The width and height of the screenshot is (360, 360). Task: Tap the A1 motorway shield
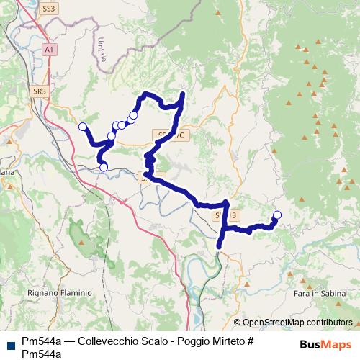pyautogui.click(x=48, y=50)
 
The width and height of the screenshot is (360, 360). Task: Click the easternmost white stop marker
pyautogui.click(x=277, y=215)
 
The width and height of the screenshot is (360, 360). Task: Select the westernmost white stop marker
pyautogui.click(x=82, y=127)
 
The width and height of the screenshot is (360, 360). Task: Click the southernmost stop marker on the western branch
pyautogui.click(x=104, y=167)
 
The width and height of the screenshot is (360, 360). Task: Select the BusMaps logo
pyautogui.click(x=328, y=343)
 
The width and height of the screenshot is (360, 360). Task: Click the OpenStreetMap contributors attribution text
pyautogui.click(x=297, y=323)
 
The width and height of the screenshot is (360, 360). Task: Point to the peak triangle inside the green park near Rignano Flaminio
pyautogui.click(x=81, y=242)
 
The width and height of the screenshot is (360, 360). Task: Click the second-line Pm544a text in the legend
pyautogui.click(x=41, y=352)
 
